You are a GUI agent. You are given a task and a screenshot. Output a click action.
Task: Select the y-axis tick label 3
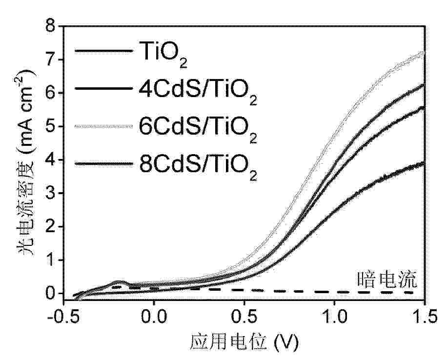click(50, 194)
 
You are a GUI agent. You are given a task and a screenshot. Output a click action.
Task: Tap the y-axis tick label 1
click(50, 260)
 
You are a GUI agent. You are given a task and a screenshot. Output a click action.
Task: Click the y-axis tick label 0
click(50, 294)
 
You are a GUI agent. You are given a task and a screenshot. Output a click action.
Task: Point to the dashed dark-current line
click(293, 291)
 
